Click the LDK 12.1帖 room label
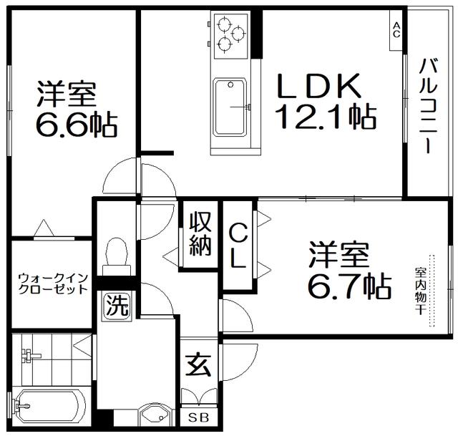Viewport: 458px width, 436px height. (325, 101)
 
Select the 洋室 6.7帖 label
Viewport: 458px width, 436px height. (349, 270)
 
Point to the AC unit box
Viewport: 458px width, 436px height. (396, 30)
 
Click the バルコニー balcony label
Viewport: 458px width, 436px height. (428, 106)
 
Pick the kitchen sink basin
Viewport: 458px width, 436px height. (230, 107)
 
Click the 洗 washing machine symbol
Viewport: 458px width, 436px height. (117, 306)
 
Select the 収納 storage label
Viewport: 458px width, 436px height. (200, 234)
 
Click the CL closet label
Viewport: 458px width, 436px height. (238, 245)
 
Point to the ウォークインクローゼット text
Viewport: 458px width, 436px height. (53, 284)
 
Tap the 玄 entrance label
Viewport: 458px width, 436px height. (199, 364)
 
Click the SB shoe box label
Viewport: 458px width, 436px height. (199, 417)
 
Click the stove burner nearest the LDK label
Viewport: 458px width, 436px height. (238, 34)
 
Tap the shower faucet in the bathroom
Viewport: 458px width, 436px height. (30, 356)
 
